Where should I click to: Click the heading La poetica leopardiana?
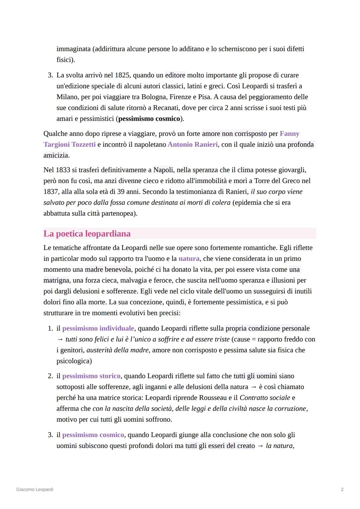click(x=87, y=234)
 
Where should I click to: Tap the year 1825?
click(x=122, y=75)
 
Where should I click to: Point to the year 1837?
click(x=51, y=192)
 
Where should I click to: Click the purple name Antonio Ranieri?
click(x=193, y=144)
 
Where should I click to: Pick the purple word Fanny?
click(x=289, y=134)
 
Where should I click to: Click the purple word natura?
click(x=189, y=259)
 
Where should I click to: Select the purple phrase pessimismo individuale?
click(x=98, y=328)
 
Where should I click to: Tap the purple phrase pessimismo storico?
click(x=91, y=376)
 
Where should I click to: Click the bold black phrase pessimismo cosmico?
click(x=149, y=119)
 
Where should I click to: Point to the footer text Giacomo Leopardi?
click(x=35, y=489)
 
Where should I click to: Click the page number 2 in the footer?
click(x=342, y=489)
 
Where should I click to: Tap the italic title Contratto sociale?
click(x=265, y=398)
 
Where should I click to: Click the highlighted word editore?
click(x=175, y=75)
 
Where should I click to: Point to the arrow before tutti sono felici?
click(x=60, y=339)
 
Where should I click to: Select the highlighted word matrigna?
click(x=56, y=280)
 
